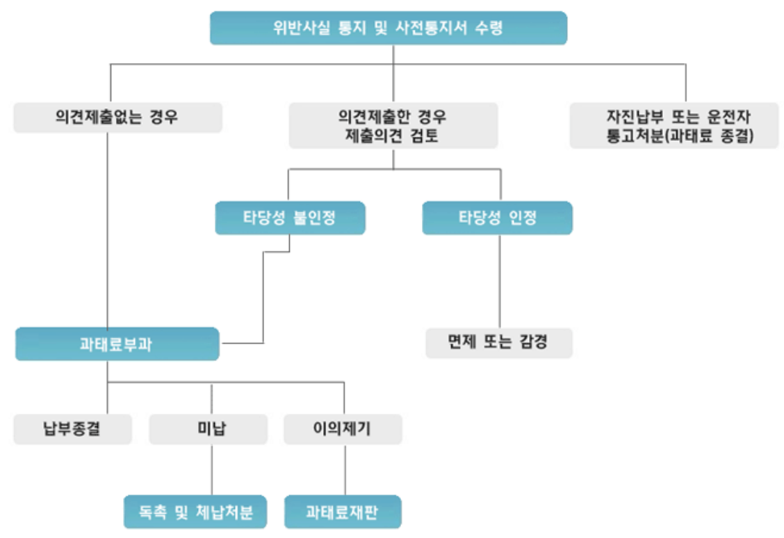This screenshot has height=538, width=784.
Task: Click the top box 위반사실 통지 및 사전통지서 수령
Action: (388, 28)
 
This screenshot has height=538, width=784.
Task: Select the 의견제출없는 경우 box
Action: (117, 117)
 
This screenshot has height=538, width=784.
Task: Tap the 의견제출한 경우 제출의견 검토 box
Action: (393, 125)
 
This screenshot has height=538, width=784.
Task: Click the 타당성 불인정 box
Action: (290, 218)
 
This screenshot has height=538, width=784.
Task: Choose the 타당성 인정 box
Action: (497, 218)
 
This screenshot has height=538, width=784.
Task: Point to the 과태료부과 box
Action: (117, 344)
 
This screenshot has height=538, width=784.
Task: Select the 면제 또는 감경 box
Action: (498, 343)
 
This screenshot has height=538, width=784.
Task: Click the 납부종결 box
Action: (72, 428)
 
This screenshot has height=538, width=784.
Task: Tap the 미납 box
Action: (208, 428)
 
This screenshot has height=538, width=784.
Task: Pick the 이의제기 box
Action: (343, 428)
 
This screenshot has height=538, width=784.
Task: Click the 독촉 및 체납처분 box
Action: (195, 512)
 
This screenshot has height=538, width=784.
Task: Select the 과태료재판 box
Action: (343, 512)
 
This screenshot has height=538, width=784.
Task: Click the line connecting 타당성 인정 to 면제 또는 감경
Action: (500, 281)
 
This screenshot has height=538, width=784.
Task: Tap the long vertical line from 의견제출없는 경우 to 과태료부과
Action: (108, 229)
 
